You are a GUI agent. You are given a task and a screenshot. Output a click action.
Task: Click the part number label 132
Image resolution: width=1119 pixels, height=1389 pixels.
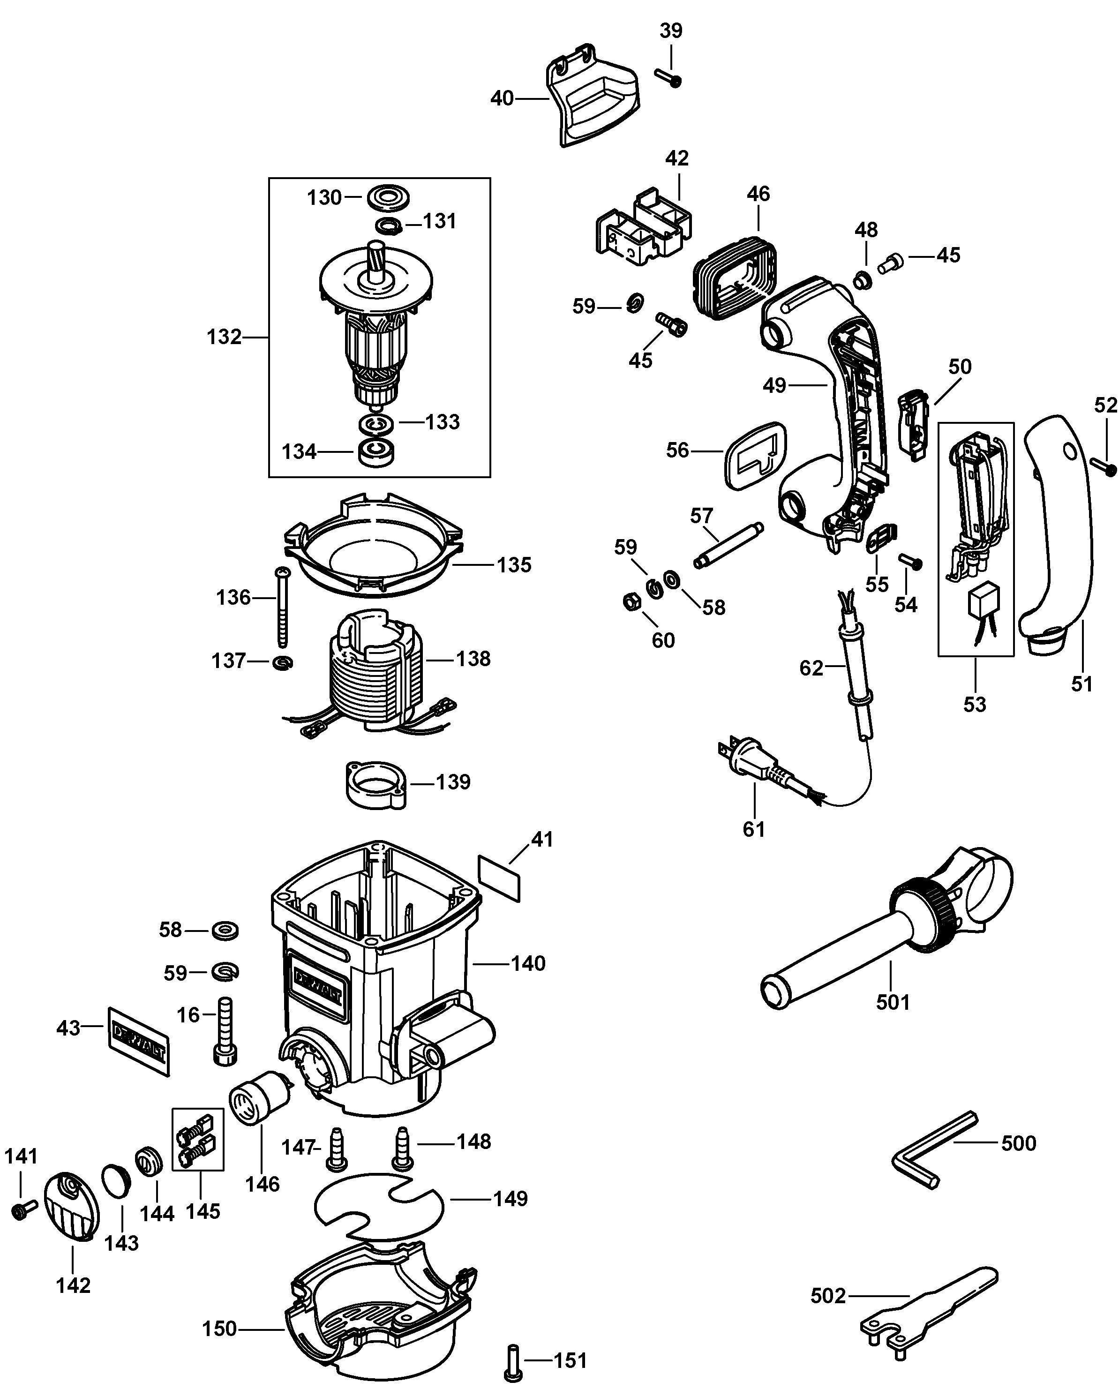click(224, 337)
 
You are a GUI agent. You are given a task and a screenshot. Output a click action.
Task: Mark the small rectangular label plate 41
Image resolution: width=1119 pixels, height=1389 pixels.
click(499, 878)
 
